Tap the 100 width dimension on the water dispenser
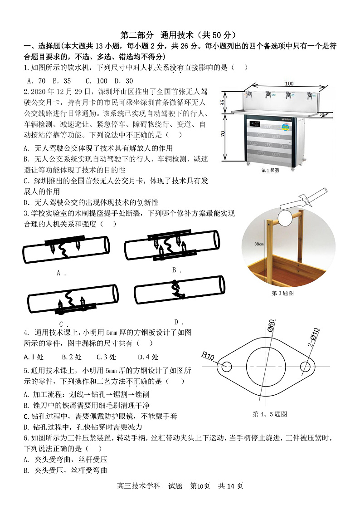coord(289,83)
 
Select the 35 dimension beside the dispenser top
coord(222,103)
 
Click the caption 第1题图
coord(271,171)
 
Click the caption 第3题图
coord(282,293)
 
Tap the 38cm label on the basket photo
coord(259,244)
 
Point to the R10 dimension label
coord(209,355)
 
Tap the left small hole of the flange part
coord(227,366)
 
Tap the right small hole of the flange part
coord(306,366)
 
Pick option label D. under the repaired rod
coord(178,322)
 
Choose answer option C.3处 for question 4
coord(106,357)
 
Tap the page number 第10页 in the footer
coord(200,485)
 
